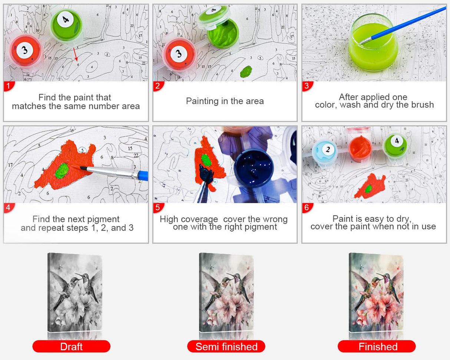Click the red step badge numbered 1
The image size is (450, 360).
pyautogui.click(x=9, y=86)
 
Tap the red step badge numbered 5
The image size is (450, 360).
pyautogui.click(x=158, y=208)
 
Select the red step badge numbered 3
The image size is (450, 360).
pyautogui.click(x=307, y=86)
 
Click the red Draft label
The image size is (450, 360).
pyautogui.click(x=71, y=346)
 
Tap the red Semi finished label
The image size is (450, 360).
pyautogui.click(x=226, y=346)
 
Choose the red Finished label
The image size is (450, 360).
pyautogui.click(x=377, y=346)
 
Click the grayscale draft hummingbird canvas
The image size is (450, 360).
pyautogui.click(x=75, y=293)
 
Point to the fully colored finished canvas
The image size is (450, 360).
pyautogui.click(x=376, y=293)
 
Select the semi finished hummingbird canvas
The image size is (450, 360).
pyautogui.click(x=226, y=293)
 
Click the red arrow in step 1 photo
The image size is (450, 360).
pyautogui.click(x=76, y=54)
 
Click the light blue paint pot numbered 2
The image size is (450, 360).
pyautogui.click(x=325, y=152)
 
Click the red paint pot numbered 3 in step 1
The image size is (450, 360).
pyautogui.click(x=26, y=51)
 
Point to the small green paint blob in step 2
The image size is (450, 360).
pyautogui.click(x=246, y=71)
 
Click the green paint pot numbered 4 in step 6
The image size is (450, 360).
pyautogui.click(x=396, y=146)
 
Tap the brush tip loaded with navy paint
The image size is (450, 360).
pyautogui.click(x=206, y=174)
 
